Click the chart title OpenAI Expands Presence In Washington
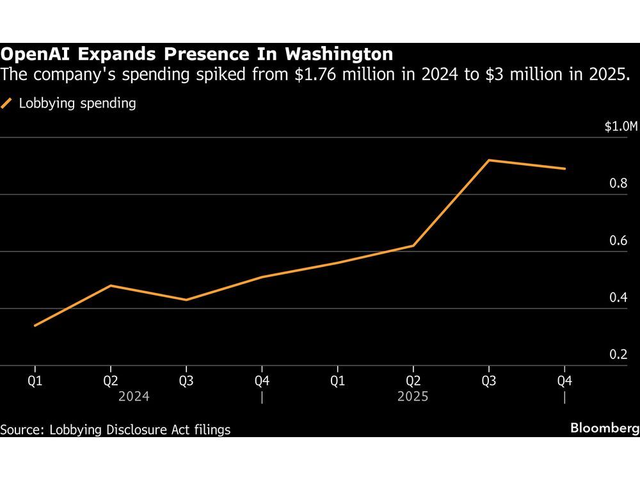click(x=196, y=54)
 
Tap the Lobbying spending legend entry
click(x=77, y=103)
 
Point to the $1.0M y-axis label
click(x=621, y=127)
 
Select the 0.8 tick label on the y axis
click(x=618, y=184)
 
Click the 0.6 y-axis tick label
click(x=618, y=241)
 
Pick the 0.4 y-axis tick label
click(x=618, y=298)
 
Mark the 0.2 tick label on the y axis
click(x=618, y=355)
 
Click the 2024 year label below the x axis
click(x=134, y=397)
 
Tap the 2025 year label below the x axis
click(x=413, y=397)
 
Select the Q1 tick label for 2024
click(x=35, y=381)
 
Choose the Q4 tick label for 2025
click(x=564, y=381)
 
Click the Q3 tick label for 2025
click(x=489, y=381)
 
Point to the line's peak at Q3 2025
click(x=489, y=160)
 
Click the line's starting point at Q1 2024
click(x=35, y=325)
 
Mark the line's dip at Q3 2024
click(x=186, y=300)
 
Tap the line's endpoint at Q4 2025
click(x=564, y=169)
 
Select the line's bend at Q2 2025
click(x=413, y=246)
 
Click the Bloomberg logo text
click(x=605, y=428)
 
